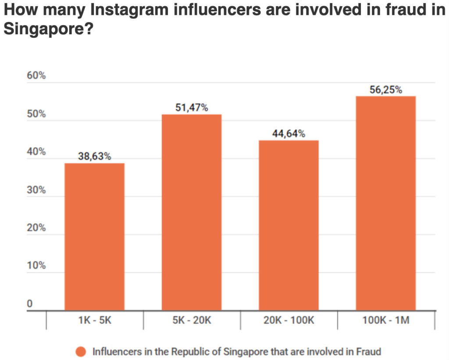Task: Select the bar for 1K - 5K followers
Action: click(x=94, y=237)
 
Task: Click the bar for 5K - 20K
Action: click(x=192, y=212)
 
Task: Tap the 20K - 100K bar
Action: click(x=289, y=225)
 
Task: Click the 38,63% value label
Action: click(x=94, y=156)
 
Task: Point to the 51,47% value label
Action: click(x=192, y=107)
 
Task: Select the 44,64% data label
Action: click(x=289, y=133)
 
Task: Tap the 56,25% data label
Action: click(x=385, y=89)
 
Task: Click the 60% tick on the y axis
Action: click(x=36, y=76)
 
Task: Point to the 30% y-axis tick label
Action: click(x=36, y=190)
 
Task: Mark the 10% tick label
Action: click(x=36, y=266)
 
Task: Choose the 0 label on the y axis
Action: click(x=30, y=304)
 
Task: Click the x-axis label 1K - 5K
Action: click(x=94, y=321)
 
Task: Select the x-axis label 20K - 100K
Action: click(x=289, y=321)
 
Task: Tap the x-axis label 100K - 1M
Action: click(x=385, y=321)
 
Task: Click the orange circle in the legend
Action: click(x=81, y=352)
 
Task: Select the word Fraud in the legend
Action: click(x=369, y=352)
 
